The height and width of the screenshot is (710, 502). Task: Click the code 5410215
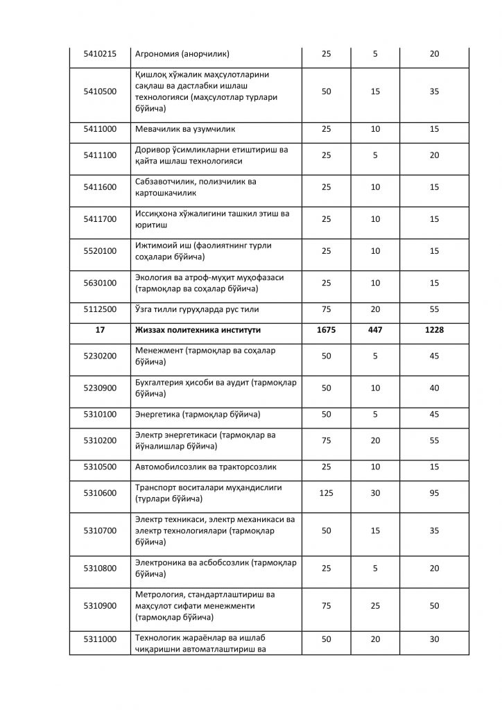[100, 53]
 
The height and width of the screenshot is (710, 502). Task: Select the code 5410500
[100, 91]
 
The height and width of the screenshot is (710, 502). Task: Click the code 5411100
[100, 155]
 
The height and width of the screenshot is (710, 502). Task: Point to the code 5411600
[100, 187]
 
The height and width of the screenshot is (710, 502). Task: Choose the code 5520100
[100, 251]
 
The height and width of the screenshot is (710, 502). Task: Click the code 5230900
[100, 388]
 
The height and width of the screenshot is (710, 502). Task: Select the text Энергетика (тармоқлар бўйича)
[198, 415]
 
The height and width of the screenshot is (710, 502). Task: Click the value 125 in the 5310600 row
[326, 493]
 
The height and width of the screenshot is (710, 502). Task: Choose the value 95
[435, 493]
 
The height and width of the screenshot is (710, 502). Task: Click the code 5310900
[100, 606]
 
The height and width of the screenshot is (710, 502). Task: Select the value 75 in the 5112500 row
[326, 309]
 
